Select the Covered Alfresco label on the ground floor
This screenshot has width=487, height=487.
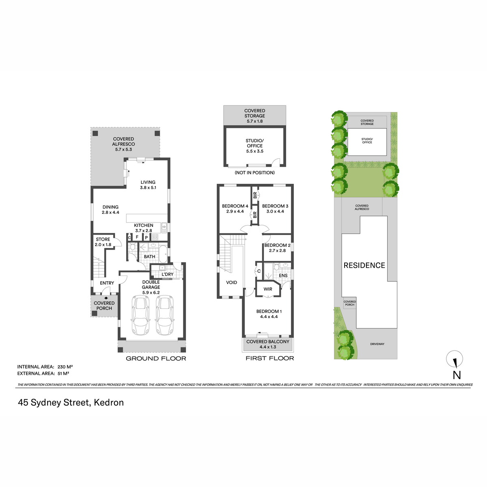point(123,144)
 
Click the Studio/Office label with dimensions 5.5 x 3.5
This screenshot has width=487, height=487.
point(255,146)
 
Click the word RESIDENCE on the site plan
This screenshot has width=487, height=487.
point(364,265)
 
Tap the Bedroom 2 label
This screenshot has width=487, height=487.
point(277,248)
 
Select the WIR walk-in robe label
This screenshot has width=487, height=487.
point(267,289)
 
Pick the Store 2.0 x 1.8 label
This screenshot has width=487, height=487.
point(103,242)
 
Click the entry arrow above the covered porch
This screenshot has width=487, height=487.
point(106,298)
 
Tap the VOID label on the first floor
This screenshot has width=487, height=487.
point(231,282)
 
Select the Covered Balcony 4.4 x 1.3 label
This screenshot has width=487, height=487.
point(267,344)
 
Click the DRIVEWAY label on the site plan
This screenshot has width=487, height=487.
point(377,344)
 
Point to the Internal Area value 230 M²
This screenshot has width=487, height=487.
point(65,367)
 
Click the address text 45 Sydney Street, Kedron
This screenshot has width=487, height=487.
point(71,403)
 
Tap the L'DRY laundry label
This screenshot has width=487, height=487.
point(167,274)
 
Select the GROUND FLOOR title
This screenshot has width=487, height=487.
point(156,358)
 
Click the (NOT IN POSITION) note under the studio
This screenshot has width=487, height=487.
point(255,172)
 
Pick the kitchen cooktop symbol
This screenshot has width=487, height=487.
point(155,237)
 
